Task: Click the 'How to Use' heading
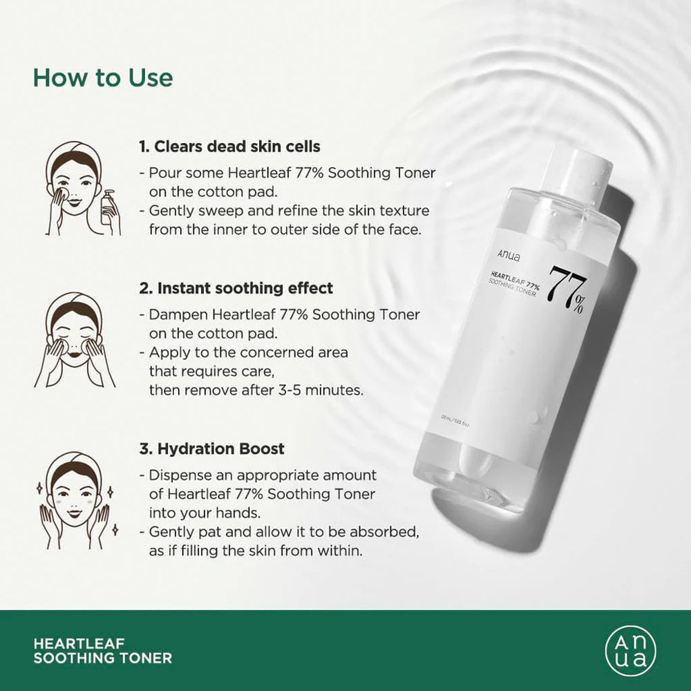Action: tap(103, 77)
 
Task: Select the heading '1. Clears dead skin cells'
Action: tap(229, 146)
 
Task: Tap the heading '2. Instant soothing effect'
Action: tap(236, 287)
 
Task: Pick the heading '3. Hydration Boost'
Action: tap(211, 448)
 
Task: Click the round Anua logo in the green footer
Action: tap(630, 650)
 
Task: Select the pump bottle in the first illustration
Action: tap(108, 207)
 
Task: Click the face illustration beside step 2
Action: tap(74, 339)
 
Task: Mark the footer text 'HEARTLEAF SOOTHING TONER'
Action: tap(102, 651)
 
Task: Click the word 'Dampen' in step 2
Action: tap(172, 314)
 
